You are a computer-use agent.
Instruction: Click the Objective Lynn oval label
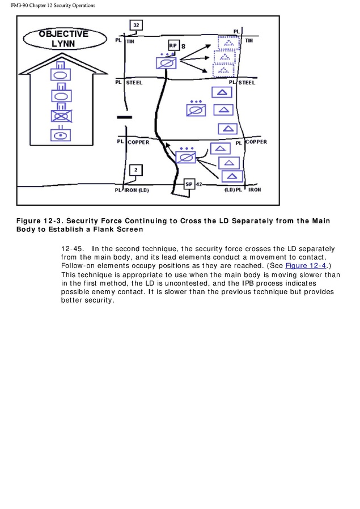[64, 39]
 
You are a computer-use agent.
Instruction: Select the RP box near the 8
[173, 45]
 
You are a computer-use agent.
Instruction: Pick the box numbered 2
[135, 169]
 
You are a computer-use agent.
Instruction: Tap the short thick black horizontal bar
[125, 117]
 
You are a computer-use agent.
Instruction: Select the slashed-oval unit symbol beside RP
[166, 63]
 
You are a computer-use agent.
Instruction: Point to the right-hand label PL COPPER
[251, 142]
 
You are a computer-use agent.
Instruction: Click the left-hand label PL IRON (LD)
[132, 190]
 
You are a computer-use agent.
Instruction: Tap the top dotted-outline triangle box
[228, 43]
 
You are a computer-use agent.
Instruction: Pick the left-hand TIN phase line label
[130, 41]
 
